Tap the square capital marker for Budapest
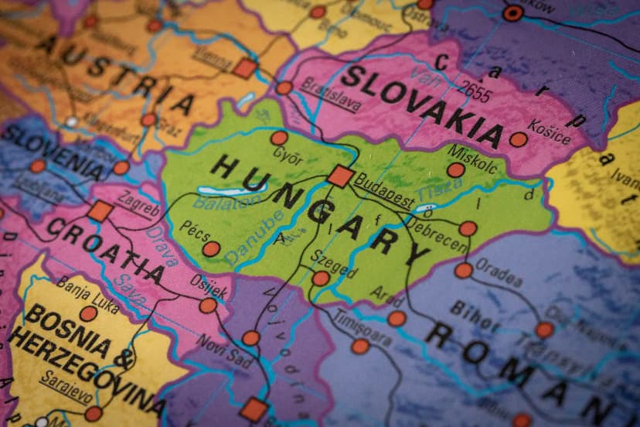(x=340, y=176)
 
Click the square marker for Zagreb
(x=100, y=211)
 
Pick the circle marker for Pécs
(x=211, y=249)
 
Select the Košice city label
(x=550, y=132)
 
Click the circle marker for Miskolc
(x=456, y=169)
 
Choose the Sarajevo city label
(x=65, y=387)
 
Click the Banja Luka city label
(x=87, y=293)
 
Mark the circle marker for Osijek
(x=208, y=306)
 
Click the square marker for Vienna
(x=245, y=69)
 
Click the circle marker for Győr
(x=279, y=138)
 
